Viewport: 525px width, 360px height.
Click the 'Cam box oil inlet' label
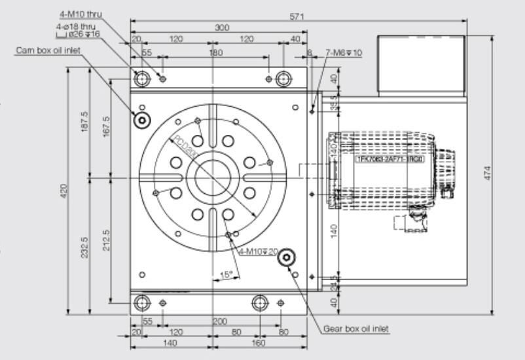(x=44, y=50)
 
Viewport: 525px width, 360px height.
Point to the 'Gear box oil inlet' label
(x=356, y=329)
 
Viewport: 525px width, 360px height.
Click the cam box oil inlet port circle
(x=141, y=120)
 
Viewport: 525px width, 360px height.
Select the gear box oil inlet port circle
(x=285, y=259)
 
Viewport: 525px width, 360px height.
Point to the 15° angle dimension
(x=226, y=275)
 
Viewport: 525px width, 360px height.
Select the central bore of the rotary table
(x=212, y=175)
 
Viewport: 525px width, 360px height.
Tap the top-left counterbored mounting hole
(x=142, y=79)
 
